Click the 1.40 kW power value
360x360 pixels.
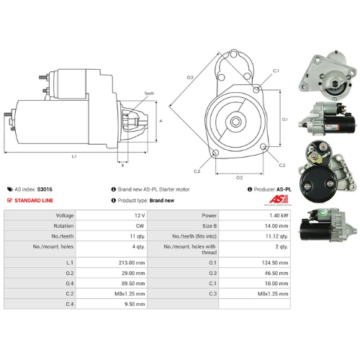click(x=276, y=215)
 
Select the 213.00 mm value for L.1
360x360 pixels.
click(x=132, y=263)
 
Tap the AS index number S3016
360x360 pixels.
click(x=45, y=189)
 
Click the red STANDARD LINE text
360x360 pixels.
click(x=36, y=199)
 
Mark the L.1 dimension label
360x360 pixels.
click(x=74, y=156)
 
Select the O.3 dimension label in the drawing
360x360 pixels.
click(x=190, y=76)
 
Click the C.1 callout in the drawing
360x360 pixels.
click(x=276, y=71)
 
